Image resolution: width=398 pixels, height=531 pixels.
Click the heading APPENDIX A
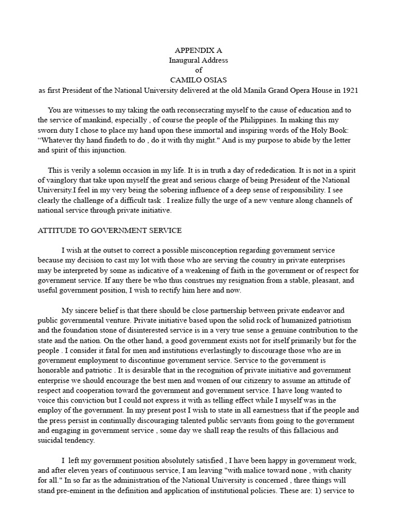point(198,50)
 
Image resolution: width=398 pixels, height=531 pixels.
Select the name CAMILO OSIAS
point(198,80)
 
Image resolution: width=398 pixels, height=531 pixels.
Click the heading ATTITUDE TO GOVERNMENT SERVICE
point(109,230)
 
